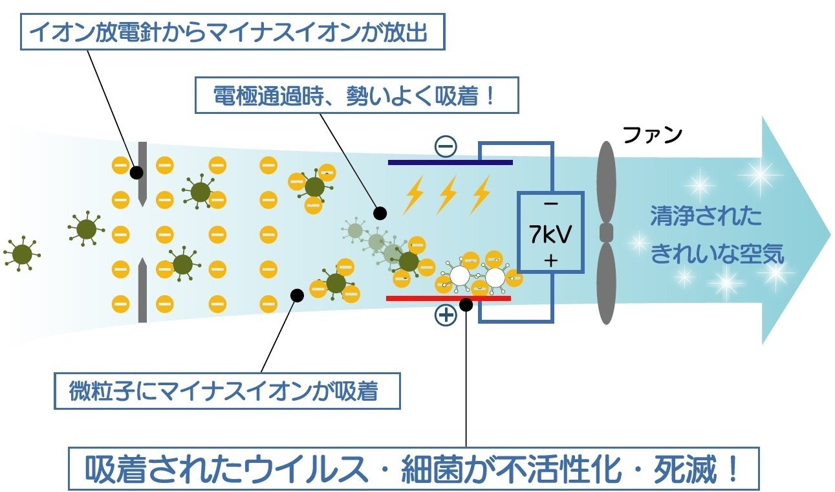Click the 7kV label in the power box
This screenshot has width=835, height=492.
click(x=550, y=234)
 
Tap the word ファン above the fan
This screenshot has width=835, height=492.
click(x=652, y=135)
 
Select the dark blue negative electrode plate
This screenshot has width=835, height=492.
click(x=450, y=162)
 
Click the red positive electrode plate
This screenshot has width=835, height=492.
click(x=448, y=298)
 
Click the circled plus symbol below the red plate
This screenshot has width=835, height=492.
click(x=446, y=316)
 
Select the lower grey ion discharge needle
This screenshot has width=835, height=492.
click(x=142, y=289)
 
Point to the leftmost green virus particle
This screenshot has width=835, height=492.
click(x=21, y=253)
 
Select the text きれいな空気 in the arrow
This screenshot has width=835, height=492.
click(x=717, y=253)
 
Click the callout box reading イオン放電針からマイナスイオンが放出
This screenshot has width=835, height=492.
click(x=233, y=30)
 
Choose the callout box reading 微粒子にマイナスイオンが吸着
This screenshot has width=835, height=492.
click(x=227, y=390)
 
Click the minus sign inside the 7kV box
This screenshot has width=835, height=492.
click(x=550, y=204)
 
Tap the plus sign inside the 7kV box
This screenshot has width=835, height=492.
click(x=550, y=261)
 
